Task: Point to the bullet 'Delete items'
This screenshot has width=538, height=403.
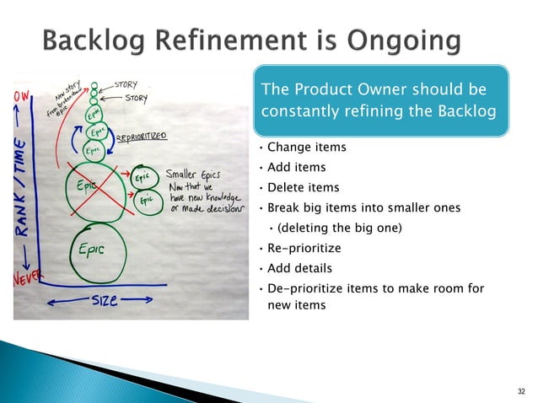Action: [x=304, y=187]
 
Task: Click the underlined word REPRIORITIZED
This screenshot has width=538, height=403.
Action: [x=141, y=135]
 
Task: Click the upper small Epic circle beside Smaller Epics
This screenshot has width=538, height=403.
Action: [x=142, y=179]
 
